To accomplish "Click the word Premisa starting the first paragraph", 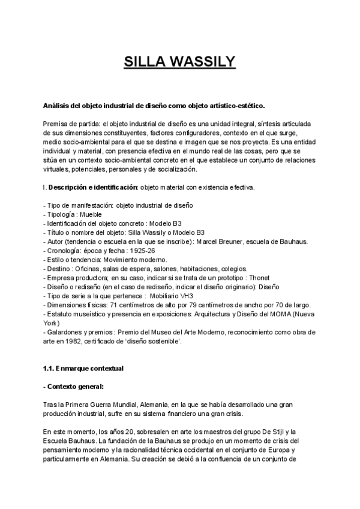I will tap(56, 122).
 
